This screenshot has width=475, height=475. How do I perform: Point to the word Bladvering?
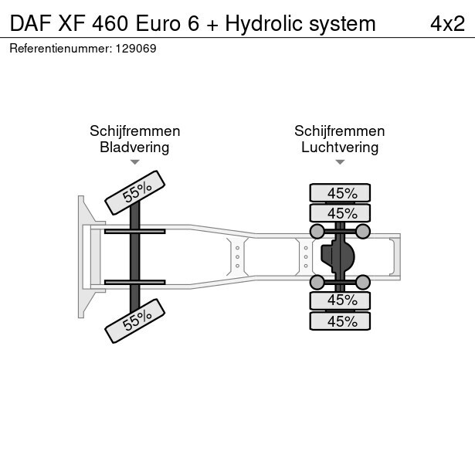pyautogui.click(x=134, y=147)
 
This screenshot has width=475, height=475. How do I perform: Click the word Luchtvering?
pyautogui.click(x=340, y=147)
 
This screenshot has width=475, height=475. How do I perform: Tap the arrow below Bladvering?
pyautogui.click(x=134, y=162)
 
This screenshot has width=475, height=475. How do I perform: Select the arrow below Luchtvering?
pyautogui.click(x=340, y=162)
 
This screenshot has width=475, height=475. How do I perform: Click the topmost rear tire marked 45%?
pyautogui.click(x=341, y=193)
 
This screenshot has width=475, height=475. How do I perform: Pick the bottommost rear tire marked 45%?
pyautogui.click(x=341, y=321)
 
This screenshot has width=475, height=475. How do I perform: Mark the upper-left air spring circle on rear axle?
pyautogui.click(x=317, y=231)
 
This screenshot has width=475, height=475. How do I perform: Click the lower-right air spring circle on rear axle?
pyautogui.click(x=363, y=281)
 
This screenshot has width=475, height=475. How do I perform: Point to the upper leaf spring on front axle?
pyautogui.click(x=134, y=231)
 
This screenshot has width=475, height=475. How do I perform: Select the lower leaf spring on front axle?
pyautogui.click(x=134, y=282)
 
